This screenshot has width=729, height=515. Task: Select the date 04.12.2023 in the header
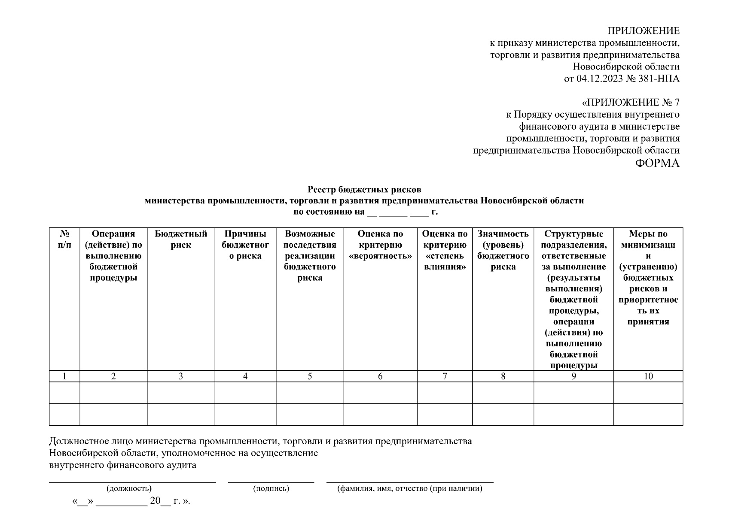[x=597, y=79]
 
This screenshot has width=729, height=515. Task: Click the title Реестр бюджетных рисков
[x=364, y=189]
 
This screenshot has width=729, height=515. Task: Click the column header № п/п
[x=64, y=239]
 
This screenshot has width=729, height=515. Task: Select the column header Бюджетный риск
[x=181, y=239]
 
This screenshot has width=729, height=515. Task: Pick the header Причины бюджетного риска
[x=245, y=245]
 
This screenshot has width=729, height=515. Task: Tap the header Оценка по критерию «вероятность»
[x=380, y=245]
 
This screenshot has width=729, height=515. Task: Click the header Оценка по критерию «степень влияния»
[x=445, y=250]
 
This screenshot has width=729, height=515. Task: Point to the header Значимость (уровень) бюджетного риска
[x=503, y=250]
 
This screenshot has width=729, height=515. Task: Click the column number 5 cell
[x=310, y=376]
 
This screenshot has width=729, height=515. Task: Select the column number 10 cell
[x=648, y=376]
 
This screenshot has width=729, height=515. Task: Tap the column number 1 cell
[x=64, y=376]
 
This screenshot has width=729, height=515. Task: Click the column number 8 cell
[x=503, y=376]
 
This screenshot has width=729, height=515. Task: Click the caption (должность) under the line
[x=129, y=488]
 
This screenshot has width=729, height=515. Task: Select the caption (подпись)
[x=271, y=488]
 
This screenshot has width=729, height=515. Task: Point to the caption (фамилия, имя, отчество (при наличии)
[x=410, y=488]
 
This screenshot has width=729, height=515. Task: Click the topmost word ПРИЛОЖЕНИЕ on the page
[x=643, y=31]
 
